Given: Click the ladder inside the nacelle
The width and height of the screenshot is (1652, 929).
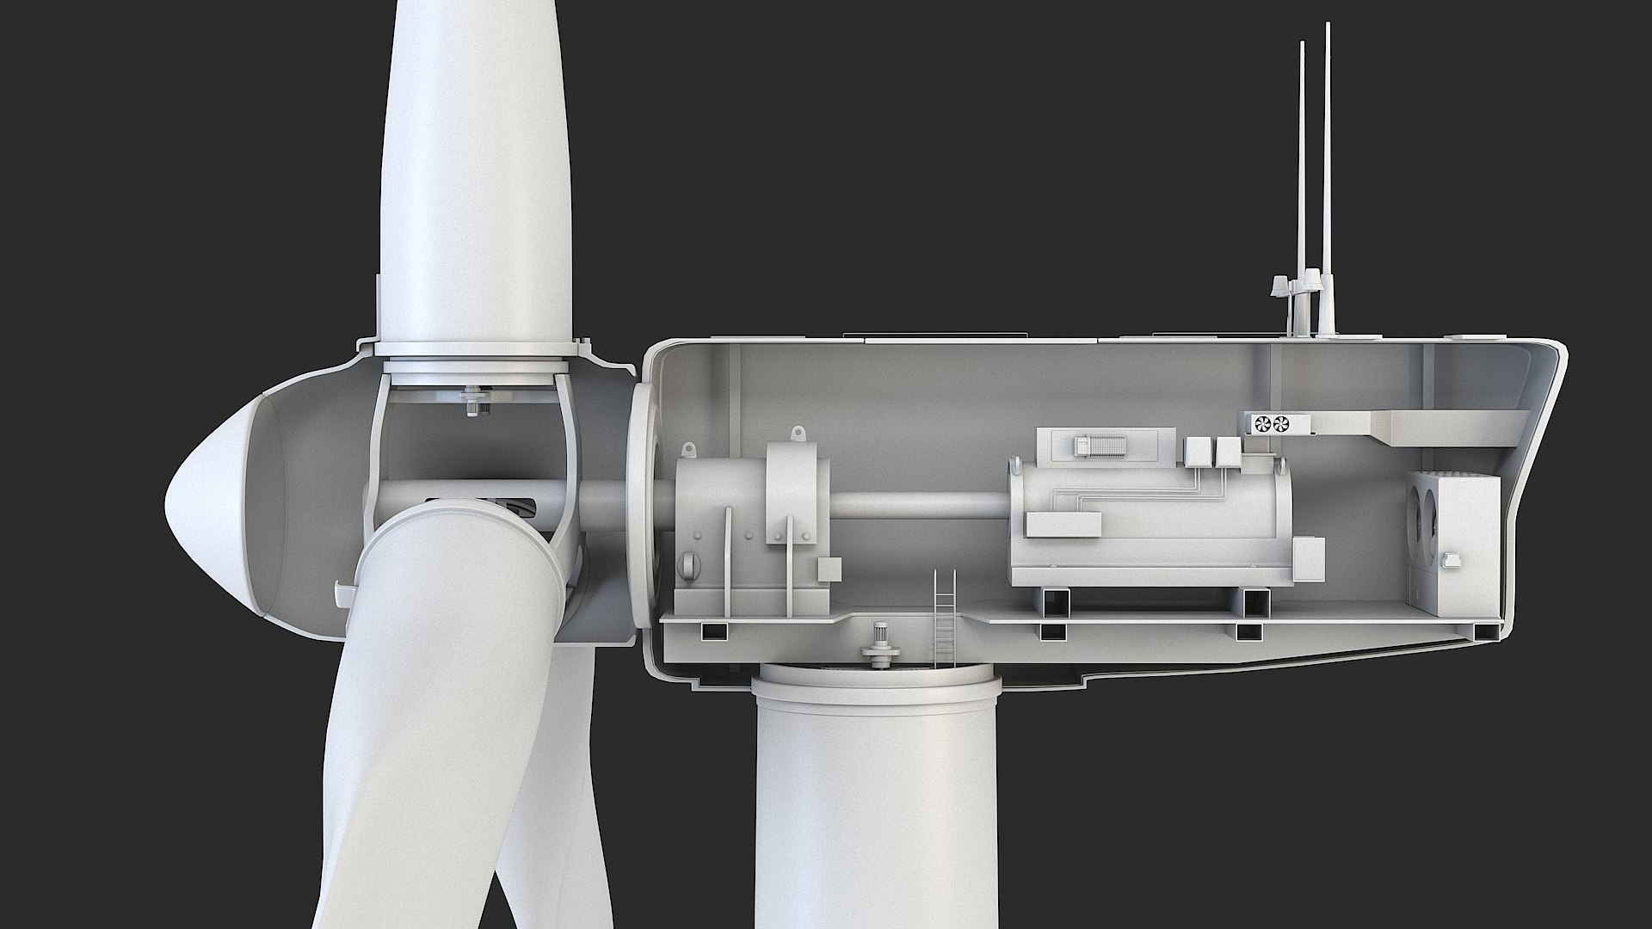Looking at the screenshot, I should point(944,617).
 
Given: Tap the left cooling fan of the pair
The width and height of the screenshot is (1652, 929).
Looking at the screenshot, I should point(1263,423).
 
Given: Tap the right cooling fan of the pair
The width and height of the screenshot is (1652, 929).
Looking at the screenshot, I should point(1282,423).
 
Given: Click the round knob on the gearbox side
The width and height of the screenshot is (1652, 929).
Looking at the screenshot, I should point(689,564).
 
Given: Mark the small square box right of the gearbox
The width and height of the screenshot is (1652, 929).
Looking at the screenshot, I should point(829,569).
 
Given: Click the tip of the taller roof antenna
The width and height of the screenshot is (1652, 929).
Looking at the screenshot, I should point(1328,26).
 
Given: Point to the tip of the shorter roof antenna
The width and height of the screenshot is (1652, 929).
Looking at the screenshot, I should point(1302,43).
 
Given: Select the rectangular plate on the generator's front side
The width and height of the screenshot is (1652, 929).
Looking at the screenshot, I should point(1063,524).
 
